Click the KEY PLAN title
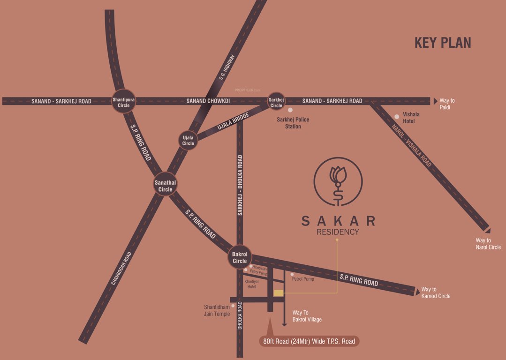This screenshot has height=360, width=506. [x=443, y=43]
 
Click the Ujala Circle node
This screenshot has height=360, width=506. [x=188, y=141]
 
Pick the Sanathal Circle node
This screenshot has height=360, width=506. [x=165, y=186]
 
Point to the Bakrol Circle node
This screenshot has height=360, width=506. [x=240, y=257]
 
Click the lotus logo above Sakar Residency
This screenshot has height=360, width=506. [x=338, y=180]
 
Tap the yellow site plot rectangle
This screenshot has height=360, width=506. [x=279, y=293]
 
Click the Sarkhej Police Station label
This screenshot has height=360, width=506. [x=293, y=123]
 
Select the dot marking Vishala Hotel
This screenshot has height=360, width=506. [x=397, y=116]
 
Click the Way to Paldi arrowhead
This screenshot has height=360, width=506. [x=435, y=101]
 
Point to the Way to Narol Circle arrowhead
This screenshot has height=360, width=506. [x=487, y=230]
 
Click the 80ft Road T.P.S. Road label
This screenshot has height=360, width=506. [x=309, y=341]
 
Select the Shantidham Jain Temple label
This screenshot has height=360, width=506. [x=217, y=310]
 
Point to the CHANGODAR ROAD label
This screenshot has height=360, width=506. [x=121, y=269]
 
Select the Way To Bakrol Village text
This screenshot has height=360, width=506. [x=307, y=316]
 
